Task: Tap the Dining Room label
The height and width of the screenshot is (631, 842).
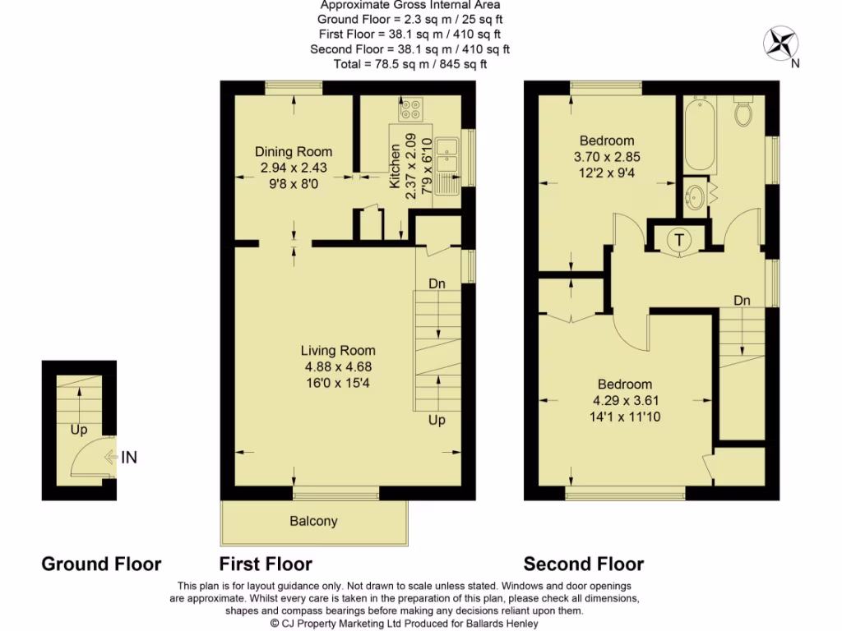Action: click(x=294, y=152)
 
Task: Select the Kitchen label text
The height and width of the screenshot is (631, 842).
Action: click(x=396, y=166)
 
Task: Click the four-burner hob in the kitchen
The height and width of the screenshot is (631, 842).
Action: click(x=410, y=108)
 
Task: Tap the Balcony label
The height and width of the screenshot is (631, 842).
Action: click(x=313, y=521)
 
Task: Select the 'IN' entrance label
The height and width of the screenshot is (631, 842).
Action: click(x=129, y=458)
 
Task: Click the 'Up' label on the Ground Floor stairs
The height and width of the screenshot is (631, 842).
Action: click(x=79, y=429)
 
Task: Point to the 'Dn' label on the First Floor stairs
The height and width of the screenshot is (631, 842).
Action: click(x=437, y=283)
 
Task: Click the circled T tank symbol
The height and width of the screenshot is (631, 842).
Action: click(x=679, y=240)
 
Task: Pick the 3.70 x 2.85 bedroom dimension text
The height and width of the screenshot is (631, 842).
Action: click(x=607, y=156)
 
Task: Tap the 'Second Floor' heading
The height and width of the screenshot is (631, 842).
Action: click(x=584, y=564)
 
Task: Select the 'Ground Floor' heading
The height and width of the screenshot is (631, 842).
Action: click(x=101, y=564)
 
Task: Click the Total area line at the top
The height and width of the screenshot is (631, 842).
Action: click(x=409, y=64)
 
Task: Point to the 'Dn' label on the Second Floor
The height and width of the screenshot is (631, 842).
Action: click(x=742, y=301)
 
